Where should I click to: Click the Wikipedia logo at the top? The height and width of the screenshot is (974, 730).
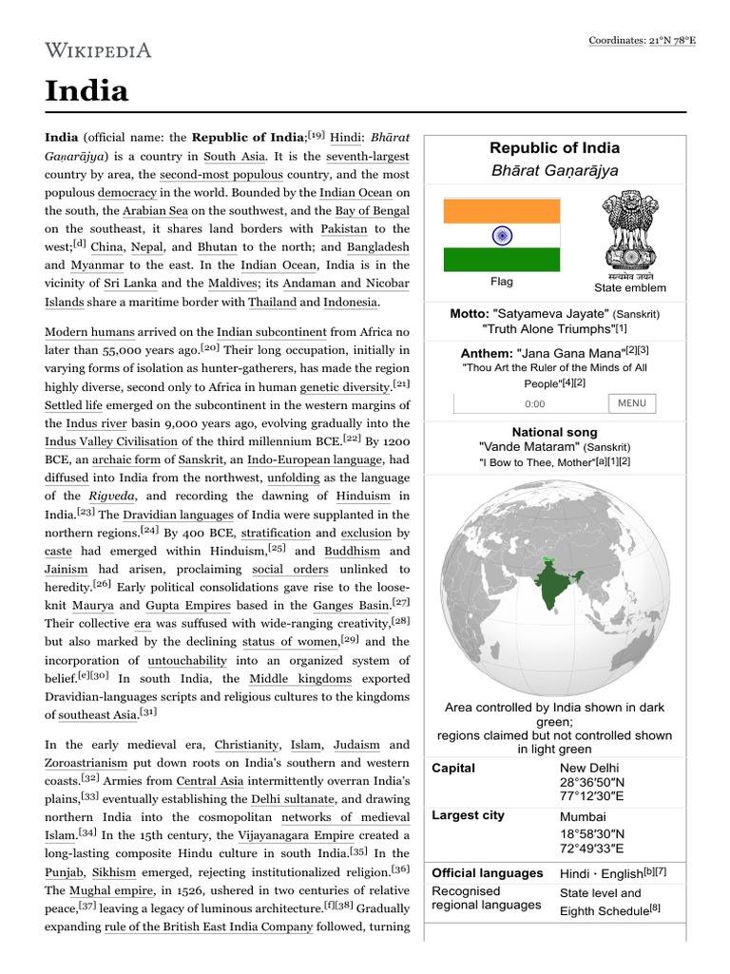[x=98, y=49]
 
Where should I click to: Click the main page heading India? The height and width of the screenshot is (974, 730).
[x=86, y=91]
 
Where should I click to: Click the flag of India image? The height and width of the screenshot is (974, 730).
[x=501, y=234]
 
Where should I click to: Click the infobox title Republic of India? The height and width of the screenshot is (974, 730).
[x=554, y=147]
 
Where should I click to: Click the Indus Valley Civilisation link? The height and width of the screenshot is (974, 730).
[x=110, y=441]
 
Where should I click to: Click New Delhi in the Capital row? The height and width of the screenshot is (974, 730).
[x=589, y=768]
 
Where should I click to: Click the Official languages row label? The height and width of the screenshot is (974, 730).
[x=487, y=872]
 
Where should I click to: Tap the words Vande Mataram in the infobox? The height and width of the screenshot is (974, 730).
[x=528, y=446]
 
